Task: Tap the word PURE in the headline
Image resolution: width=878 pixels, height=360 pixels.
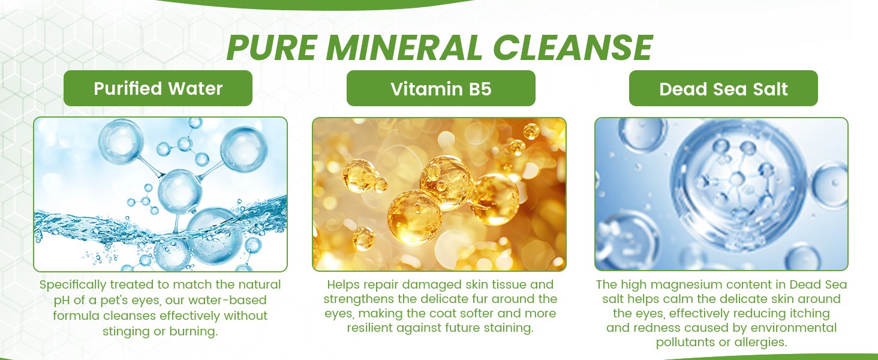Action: [x=272, y=47]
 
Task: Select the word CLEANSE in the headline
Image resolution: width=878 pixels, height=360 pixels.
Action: [x=572, y=47]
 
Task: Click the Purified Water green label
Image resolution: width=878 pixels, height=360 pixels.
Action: [x=158, y=88]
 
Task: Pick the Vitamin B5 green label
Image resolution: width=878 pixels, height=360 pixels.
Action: [x=441, y=88]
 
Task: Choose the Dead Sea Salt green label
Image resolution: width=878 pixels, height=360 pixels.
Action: [x=723, y=88]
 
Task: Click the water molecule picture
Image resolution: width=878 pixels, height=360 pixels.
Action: [x=160, y=194]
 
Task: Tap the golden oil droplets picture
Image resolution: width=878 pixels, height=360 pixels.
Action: [x=439, y=194]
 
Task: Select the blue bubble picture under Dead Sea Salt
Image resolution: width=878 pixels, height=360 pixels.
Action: [x=721, y=194]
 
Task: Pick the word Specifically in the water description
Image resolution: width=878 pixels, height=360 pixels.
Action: [x=73, y=285]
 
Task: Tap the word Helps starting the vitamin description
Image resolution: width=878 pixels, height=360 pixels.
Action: [x=343, y=285]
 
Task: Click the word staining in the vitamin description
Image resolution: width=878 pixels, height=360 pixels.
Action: [x=509, y=328]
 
